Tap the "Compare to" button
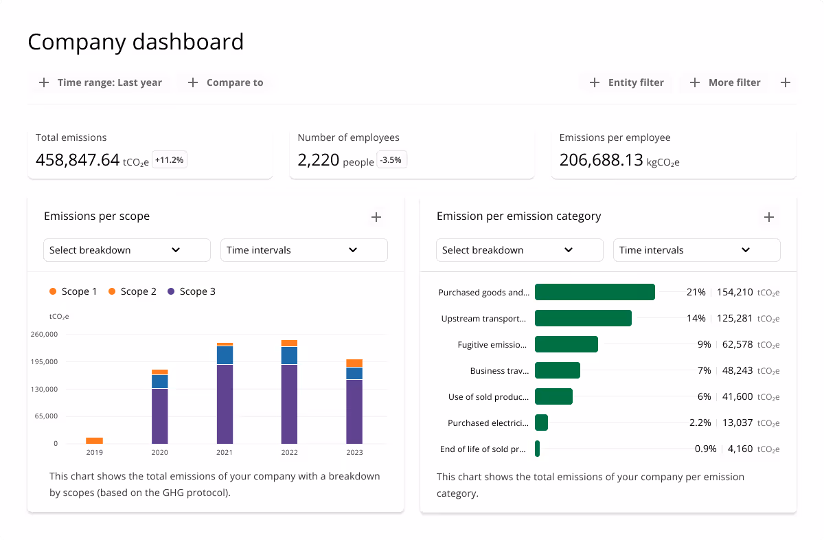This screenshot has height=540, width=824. click(225, 82)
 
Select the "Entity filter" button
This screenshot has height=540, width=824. click(626, 82)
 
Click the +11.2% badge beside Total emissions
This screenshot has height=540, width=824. click(169, 160)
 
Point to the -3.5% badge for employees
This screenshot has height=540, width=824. click(392, 160)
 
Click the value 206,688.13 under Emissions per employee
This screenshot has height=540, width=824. click(601, 160)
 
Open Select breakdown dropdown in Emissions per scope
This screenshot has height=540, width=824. click(126, 250)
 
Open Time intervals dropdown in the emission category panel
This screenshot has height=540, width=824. click(696, 250)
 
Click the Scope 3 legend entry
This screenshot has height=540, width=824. click(192, 291)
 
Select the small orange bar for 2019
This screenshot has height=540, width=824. click(94, 440)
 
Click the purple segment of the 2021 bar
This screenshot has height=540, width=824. click(225, 404)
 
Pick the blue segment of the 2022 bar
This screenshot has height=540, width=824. click(289, 355)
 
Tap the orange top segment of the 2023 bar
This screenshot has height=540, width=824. click(354, 363)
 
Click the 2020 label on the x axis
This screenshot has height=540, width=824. click(159, 453)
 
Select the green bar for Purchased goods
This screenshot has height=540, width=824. click(595, 292)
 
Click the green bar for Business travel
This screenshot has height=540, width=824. click(557, 370)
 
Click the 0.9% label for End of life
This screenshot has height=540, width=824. click(705, 449)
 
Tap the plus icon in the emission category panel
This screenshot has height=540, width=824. click(769, 217)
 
